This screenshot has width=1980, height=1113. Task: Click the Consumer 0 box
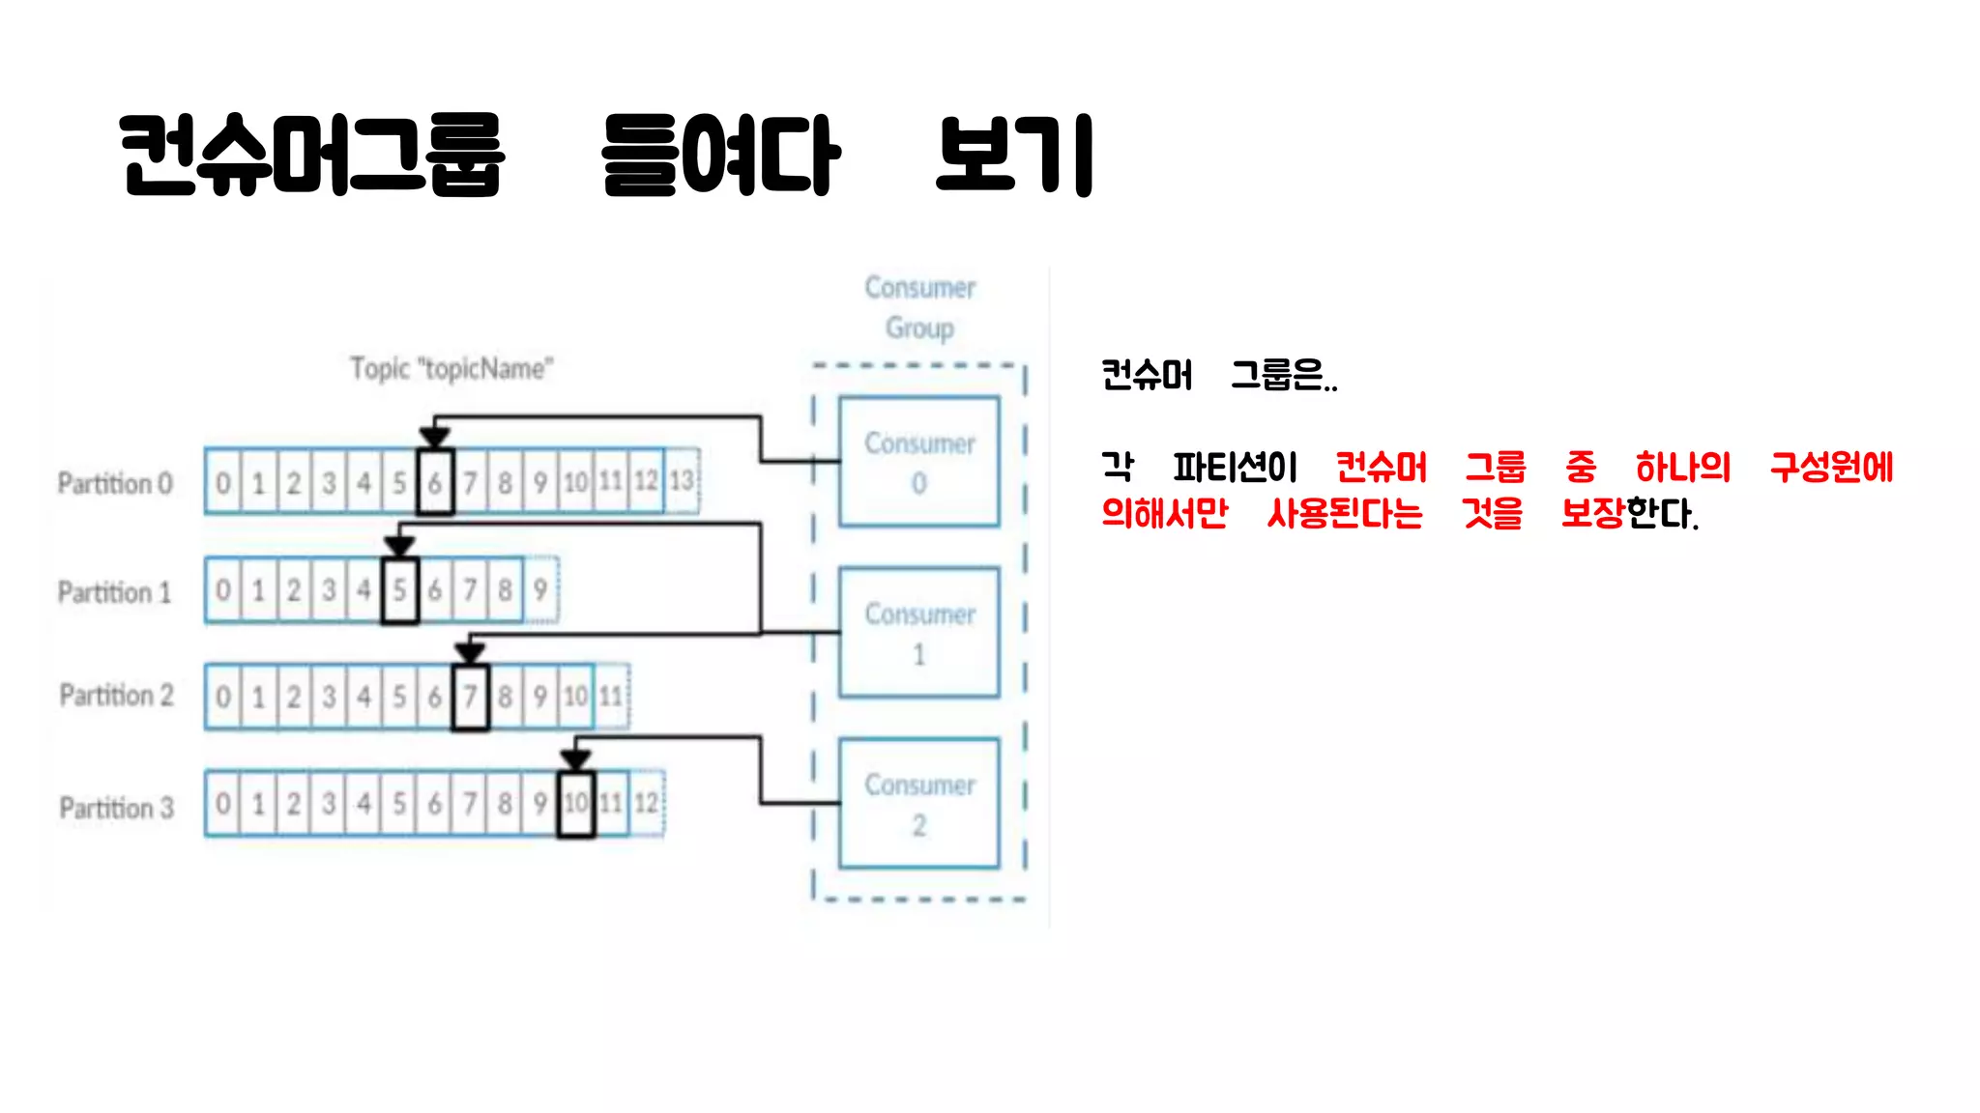click(x=918, y=462)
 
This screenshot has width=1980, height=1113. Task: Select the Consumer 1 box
click(x=918, y=633)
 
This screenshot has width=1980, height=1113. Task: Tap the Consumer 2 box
click(x=918, y=804)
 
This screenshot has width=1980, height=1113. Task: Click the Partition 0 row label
click(x=115, y=483)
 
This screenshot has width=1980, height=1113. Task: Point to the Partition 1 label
click(x=114, y=592)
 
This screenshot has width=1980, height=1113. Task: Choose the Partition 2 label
click(x=116, y=696)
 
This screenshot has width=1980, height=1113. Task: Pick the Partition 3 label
click(x=116, y=808)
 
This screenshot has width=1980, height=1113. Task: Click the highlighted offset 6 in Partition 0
click(x=435, y=481)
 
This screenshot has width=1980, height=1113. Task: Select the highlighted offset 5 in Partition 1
click(x=399, y=590)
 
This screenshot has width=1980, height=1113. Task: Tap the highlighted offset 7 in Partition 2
click(x=470, y=697)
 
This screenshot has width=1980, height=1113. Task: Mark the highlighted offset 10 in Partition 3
click(x=575, y=803)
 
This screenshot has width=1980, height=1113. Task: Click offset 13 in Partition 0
click(x=682, y=480)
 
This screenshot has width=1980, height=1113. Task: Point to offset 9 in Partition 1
click(x=540, y=589)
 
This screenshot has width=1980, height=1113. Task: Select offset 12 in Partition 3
click(x=646, y=803)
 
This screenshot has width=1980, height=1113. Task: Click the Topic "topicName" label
click(x=451, y=369)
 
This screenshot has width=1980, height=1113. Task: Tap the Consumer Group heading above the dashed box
click(x=919, y=307)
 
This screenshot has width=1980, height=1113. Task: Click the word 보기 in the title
click(x=1014, y=155)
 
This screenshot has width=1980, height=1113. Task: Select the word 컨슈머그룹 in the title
click(x=311, y=155)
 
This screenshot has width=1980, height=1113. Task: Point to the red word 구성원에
click(x=1831, y=468)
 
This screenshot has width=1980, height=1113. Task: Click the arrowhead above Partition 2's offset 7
click(x=470, y=653)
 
